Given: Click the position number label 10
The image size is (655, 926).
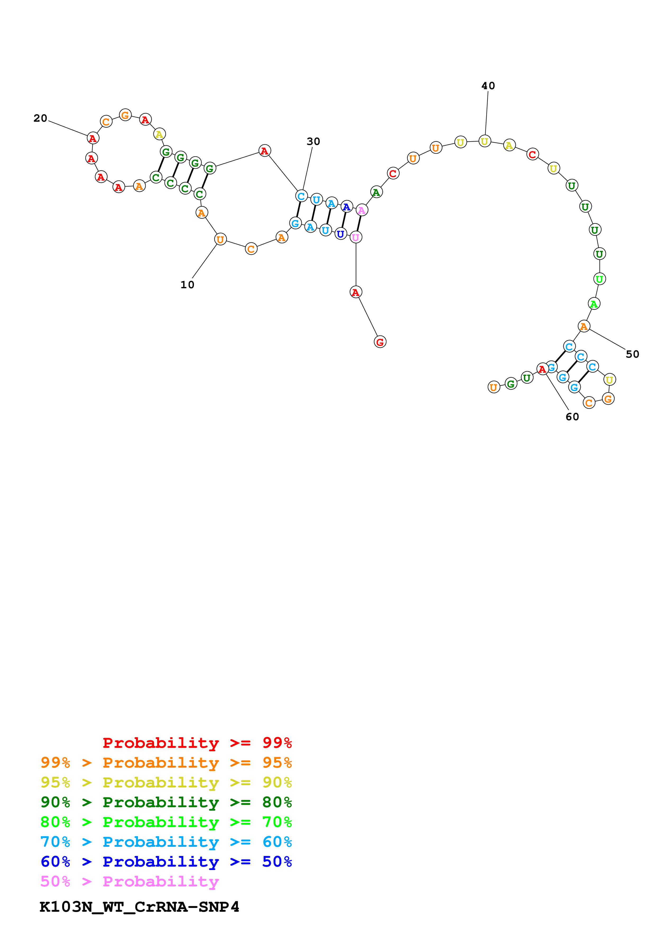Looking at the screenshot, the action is [187, 285].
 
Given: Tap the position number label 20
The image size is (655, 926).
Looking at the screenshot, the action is [40, 118].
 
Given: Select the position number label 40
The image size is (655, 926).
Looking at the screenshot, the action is [488, 86].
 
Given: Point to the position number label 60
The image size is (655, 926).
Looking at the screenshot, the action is [572, 417].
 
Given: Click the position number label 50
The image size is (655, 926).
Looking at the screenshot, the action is [632, 354].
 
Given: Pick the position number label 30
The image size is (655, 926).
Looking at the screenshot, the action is [313, 141].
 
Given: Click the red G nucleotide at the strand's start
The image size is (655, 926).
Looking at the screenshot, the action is [380, 342].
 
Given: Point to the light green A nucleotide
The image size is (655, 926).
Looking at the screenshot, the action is [593, 304].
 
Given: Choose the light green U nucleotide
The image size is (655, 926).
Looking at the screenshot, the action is [599, 279].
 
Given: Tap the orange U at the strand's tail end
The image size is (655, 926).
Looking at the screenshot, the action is [493, 387].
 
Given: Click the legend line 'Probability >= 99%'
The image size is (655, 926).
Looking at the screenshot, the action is [197, 743].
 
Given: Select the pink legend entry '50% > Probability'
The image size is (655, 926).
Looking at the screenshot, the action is [129, 882].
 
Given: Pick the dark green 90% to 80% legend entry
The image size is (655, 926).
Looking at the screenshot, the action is [166, 802].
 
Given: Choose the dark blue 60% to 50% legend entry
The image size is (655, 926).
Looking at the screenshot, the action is [166, 862].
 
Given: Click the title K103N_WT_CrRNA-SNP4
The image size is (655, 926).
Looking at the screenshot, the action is [139, 907].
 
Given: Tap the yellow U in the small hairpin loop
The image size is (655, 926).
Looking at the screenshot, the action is [609, 380].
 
